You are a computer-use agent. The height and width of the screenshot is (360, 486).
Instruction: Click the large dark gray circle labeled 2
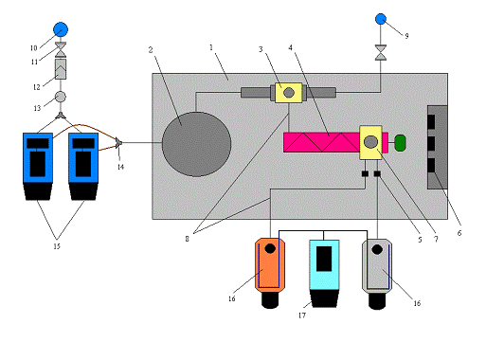click(196, 144)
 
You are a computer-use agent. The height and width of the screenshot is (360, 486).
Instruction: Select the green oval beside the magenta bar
click(400, 143)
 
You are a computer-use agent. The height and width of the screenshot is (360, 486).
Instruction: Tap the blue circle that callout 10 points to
click(61, 29)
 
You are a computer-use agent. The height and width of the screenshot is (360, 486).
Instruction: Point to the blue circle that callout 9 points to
click(381, 19)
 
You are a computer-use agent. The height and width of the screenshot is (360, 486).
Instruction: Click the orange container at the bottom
click(270, 264)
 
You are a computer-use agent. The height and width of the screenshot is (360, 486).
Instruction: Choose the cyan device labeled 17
click(324, 264)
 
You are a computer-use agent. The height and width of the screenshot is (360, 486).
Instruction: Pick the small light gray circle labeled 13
click(61, 97)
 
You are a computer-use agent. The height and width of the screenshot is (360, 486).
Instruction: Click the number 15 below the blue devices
click(57, 246)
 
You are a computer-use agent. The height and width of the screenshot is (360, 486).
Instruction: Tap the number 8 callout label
click(188, 239)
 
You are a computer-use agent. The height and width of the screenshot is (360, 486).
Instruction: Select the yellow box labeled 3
click(288, 93)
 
